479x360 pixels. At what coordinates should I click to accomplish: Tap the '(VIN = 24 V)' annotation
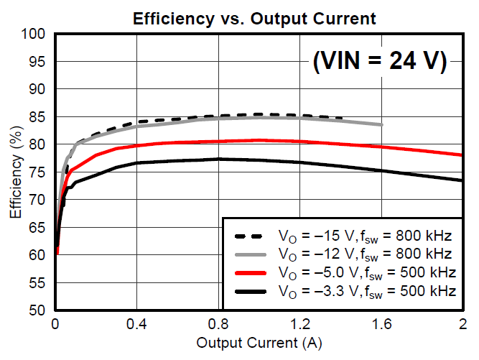(379, 62)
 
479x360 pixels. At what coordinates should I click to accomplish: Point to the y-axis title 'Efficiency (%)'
(15, 172)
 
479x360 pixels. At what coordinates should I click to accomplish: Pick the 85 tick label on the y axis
(37, 117)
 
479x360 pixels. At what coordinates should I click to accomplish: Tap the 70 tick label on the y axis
(37, 200)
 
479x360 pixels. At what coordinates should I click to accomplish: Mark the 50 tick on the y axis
(37, 311)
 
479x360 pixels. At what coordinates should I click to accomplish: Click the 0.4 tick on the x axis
(137, 324)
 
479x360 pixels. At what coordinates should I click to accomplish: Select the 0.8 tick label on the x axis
(219, 324)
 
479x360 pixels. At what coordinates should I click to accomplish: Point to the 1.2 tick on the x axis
(300, 324)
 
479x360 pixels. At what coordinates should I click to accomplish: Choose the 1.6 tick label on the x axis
(382, 324)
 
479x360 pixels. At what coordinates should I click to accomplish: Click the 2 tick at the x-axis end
(462, 324)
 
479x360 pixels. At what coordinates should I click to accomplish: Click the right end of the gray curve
(382, 125)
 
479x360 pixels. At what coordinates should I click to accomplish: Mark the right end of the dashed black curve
(342, 119)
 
